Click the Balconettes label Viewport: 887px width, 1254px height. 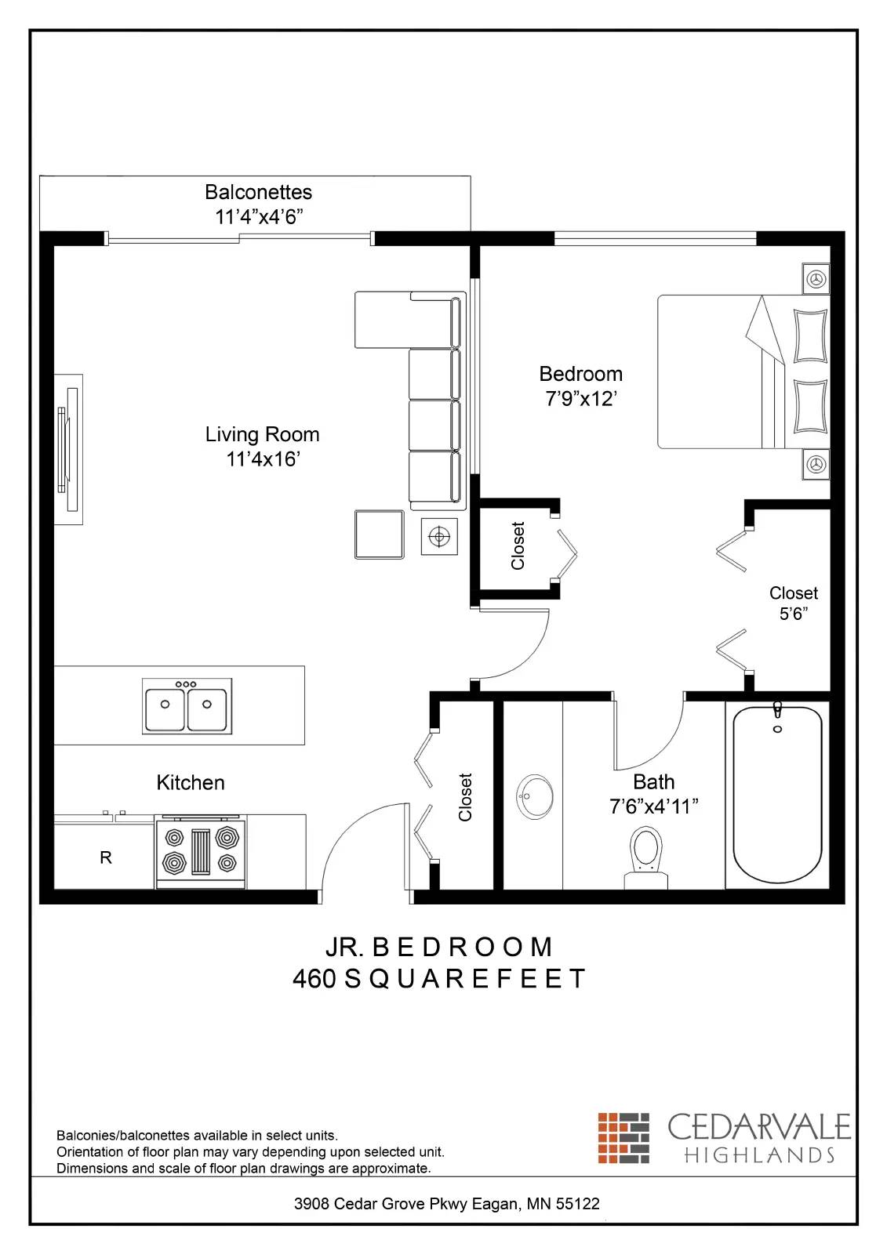(258, 192)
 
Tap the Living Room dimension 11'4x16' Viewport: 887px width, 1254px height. (263, 459)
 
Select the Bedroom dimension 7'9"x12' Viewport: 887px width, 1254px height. (580, 399)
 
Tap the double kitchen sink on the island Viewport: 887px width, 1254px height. (187, 705)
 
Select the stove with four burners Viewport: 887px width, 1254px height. (201, 852)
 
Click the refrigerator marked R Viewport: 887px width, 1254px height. (105, 857)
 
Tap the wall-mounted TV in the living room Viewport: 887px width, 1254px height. (67, 449)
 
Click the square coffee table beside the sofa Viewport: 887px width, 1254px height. (379, 535)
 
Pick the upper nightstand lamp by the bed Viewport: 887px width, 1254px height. (816, 278)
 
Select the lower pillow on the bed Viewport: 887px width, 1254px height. (810, 407)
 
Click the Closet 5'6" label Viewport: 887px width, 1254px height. (793, 603)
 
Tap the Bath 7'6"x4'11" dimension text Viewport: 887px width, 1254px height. (653, 806)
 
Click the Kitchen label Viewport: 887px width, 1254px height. (191, 782)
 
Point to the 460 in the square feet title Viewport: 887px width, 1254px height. (314, 979)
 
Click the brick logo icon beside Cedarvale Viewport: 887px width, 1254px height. (623, 1137)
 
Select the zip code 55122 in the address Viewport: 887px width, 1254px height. (577, 1204)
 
